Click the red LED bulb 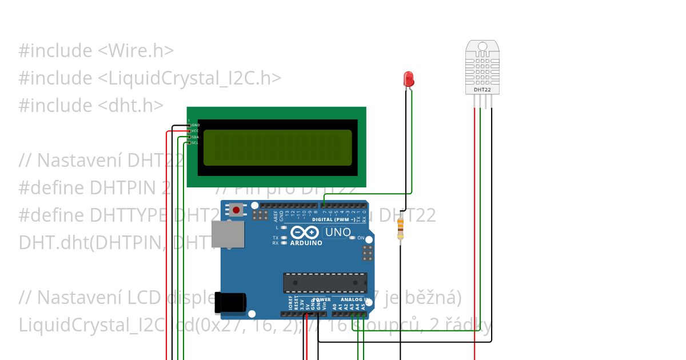tap(408, 78)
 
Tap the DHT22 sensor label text tap(482, 90)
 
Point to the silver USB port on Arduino tap(227, 234)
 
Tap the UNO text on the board tap(337, 232)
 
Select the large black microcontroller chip tap(325, 282)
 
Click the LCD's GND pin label tap(196, 125)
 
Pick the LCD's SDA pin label tap(196, 137)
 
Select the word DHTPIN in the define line tap(119, 188)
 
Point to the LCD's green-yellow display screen tap(277, 147)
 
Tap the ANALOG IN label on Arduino tap(355, 299)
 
